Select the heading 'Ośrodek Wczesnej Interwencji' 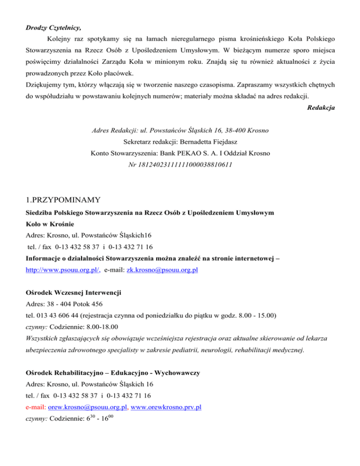(x=73, y=293)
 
